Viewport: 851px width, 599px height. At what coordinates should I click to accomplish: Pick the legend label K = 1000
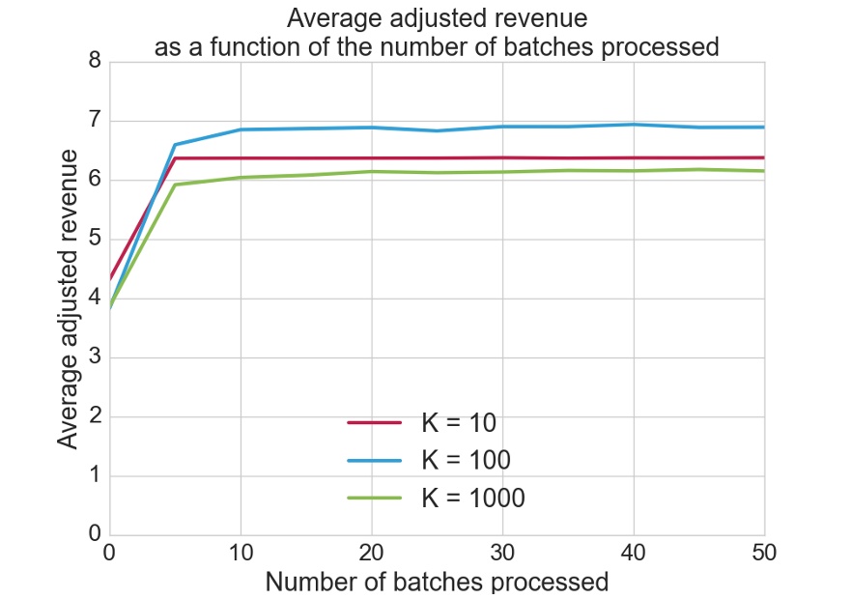click(472, 498)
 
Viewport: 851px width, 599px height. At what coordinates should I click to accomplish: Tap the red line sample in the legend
click(374, 422)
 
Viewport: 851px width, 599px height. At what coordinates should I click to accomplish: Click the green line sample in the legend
click(374, 498)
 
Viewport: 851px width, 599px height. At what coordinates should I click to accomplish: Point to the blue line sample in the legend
click(374, 460)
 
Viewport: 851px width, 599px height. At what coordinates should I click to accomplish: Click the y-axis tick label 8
click(95, 62)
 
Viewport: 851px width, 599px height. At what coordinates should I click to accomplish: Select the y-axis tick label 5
click(95, 240)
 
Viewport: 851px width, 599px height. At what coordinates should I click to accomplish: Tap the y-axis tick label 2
click(95, 417)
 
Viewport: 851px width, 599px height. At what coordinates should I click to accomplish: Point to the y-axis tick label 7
click(95, 122)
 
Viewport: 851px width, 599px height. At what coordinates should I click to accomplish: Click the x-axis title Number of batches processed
click(437, 582)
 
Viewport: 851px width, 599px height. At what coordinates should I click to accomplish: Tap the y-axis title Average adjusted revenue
click(67, 299)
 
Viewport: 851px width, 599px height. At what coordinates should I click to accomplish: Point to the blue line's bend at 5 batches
click(175, 145)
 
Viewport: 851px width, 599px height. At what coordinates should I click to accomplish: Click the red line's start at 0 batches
click(111, 278)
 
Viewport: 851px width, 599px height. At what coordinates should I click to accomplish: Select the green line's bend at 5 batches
click(175, 185)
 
